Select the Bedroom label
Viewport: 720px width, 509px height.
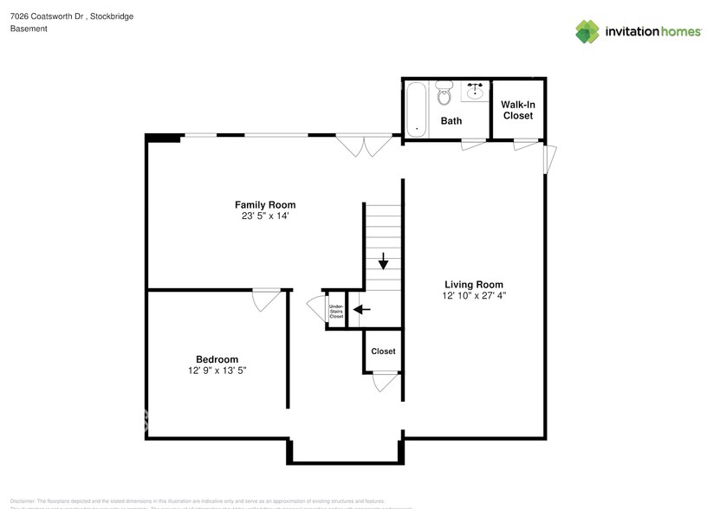click(x=217, y=359)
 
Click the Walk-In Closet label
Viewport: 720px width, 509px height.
click(x=517, y=110)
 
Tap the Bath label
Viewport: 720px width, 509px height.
click(x=451, y=121)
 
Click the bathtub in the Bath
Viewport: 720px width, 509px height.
click(x=417, y=108)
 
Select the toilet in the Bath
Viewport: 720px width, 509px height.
click(x=444, y=93)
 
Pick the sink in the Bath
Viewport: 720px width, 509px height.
click(x=475, y=89)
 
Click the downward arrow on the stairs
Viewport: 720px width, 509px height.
click(x=382, y=261)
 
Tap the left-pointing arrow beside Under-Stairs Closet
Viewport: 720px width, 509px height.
click(x=361, y=309)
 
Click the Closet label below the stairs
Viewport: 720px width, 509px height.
click(x=383, y=351)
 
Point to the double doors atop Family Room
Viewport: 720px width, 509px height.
click(x=364, y=145)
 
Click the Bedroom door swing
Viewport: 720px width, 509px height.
click(x=264, y=300)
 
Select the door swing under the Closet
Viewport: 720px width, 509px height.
click(x=384, y=382)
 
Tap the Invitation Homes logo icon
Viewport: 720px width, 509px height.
click(x=587, y=32)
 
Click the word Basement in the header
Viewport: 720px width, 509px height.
click(x=29, y=29)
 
